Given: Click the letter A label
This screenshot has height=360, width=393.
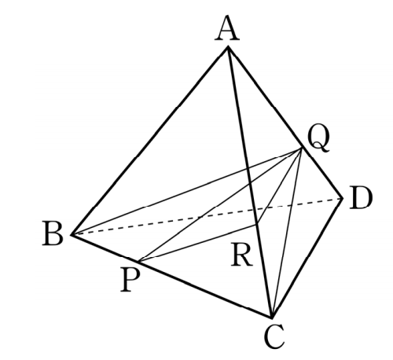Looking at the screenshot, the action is pyautogui.click(x=227, y=28).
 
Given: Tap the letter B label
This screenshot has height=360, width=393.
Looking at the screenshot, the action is pyautogui.click(x=53, y=233).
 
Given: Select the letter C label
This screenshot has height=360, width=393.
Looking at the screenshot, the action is pyautogui.click(x=274, y=336).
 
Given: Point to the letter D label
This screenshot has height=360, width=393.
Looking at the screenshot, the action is pyautogui.click(x=361, y=198).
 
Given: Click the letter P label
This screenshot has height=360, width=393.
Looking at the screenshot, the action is pyautogui.click(x=130, y=280).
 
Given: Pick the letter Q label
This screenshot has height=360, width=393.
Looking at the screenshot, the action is pyautogui.click(x=318, y=139).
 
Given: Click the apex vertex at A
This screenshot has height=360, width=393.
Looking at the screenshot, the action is pyautogui.click(x=228, y=47).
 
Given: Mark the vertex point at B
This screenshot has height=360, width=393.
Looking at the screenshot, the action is pyautogui.click(x=72, y=234).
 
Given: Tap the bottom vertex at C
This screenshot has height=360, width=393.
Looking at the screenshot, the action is pyautogui.click(x=272, y=318).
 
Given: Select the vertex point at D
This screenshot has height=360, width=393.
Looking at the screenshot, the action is pyautogui.click(x=342, y=199).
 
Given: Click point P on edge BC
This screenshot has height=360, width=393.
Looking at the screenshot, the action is pyautogui.click(x=139, y=262).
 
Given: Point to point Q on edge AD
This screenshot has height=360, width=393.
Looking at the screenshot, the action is pyautogui.click(x=303, y=149).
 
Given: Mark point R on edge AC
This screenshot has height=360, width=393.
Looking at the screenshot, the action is pyautogui.click(x=257, y=225).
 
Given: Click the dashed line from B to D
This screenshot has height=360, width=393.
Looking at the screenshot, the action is pyautogui.click(x=207, y=216).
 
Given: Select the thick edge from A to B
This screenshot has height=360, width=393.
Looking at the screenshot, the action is pyautogui.click(x=149, y=141).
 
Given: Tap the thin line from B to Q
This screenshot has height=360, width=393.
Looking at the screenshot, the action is pyautogui.click(x=187, y=191).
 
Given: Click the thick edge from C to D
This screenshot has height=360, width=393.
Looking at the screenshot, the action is pyautogui.click(x=307, y=258).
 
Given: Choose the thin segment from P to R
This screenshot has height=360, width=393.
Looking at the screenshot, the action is pyautogui.click(x=198, y=243).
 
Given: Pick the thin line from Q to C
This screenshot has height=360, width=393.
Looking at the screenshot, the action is pyautogui.click(x=287, y=233).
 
